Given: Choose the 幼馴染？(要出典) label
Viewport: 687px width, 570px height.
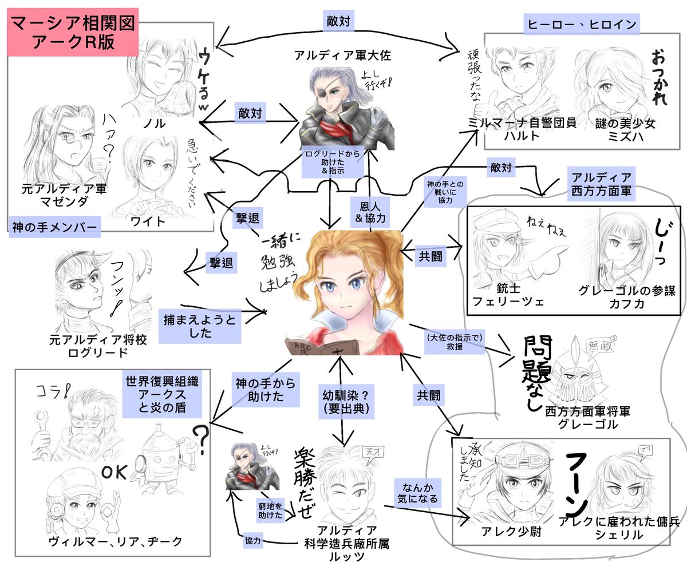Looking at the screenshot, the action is pos(341,400).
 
